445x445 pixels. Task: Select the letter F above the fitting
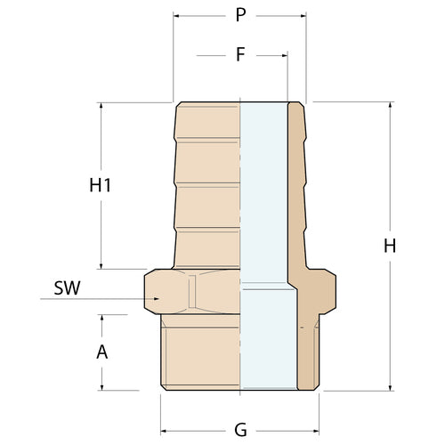point(240,54)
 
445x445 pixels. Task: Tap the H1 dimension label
point(101,186)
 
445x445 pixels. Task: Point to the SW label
point(67,288)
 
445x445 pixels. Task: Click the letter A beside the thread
point(101,352)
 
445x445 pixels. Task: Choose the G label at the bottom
point(240,429)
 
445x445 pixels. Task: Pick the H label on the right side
point(389,247)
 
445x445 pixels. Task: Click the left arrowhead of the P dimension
point(176,17)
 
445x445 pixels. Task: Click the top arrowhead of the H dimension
point(389,106)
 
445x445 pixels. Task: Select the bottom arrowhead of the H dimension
point(389,385)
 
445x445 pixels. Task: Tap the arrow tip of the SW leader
point(158,299)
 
